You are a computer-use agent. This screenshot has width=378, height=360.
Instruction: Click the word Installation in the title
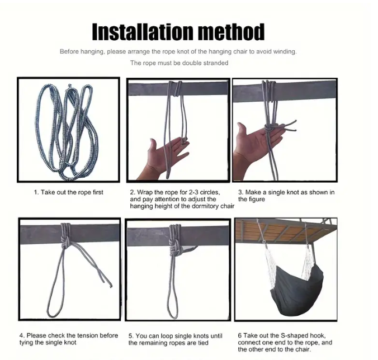pos(143,32)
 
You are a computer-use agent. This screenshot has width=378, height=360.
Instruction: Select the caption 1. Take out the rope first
pos(68,192)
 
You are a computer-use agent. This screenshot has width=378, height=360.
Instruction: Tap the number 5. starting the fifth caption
pos(131,336)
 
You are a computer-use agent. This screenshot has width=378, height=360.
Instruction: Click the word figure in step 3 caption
pos(257,200)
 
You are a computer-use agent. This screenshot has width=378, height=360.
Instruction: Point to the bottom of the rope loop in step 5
pos(173,317)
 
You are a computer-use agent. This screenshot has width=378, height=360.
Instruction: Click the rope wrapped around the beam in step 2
pos(176,88)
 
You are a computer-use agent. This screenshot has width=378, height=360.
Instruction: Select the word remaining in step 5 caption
pos(153,343)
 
